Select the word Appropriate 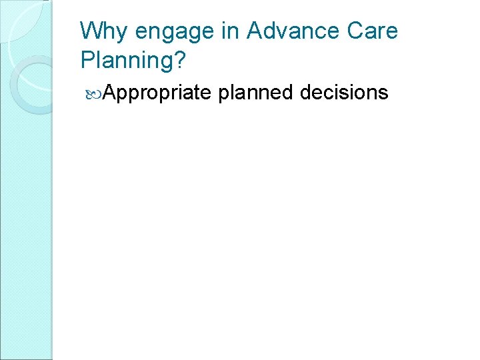(x=157, y=93)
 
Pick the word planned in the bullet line (x=256, y=93)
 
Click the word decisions (x=344, y=92)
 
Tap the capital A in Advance (x=255, y=31)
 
